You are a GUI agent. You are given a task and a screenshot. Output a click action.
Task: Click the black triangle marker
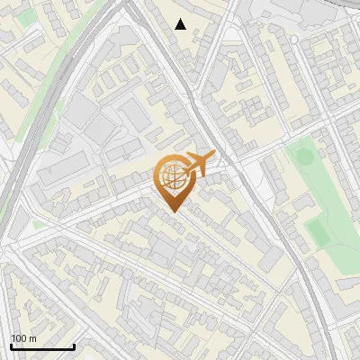point(181,24)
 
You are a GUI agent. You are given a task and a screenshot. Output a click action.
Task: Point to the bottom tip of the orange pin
point(171,211)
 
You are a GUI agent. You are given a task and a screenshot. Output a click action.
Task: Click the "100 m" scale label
point(23,338)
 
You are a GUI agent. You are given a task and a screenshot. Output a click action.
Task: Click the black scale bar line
point(42,346)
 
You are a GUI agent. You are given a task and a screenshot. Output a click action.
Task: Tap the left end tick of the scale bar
point(11,345)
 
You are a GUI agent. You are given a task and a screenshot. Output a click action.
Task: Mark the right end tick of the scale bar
point(74,345)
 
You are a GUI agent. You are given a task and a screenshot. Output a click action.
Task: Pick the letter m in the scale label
point(32,338)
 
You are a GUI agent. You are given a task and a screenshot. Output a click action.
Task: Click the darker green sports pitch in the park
point(317,232)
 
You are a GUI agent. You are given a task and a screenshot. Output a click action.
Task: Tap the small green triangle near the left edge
point(39,223)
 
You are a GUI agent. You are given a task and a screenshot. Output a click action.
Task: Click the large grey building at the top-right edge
point(297,11)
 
